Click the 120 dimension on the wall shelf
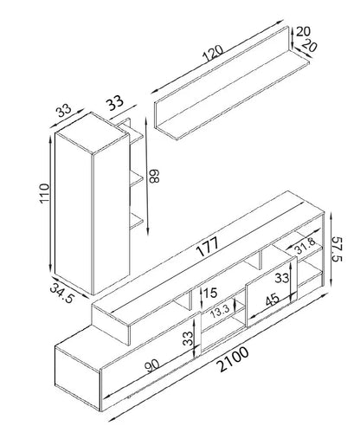(x=213, y=54)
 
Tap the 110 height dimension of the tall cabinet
(x=45, y=193)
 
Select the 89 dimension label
(x=154, y=176)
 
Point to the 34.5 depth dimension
(x=61, y=293)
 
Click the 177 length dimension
(x=208, y=247)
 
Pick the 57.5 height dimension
(x=336, y=249)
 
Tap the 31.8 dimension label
(x=305, y=246)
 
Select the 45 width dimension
(x=272, y=300)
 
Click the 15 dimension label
(x=209, y=293)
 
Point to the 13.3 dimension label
(x=220, y=312)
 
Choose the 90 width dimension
(x=152, y=365)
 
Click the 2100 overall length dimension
(x=234, y=359)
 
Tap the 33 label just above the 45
(x=281, y=278)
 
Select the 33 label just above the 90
(x=188, y=339)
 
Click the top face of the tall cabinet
(x=92, y=132)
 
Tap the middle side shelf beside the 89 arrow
(x=136, y=178)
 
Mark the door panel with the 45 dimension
(x=271, y=292)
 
